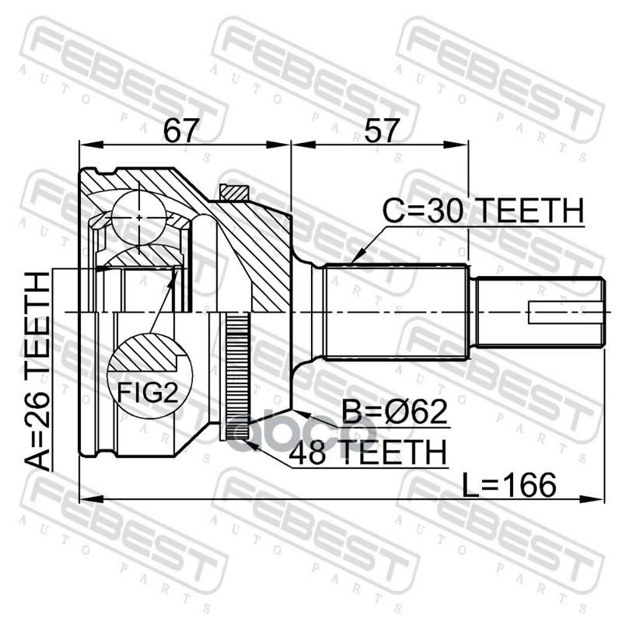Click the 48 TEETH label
pyautogui.click(x=369, y=451)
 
